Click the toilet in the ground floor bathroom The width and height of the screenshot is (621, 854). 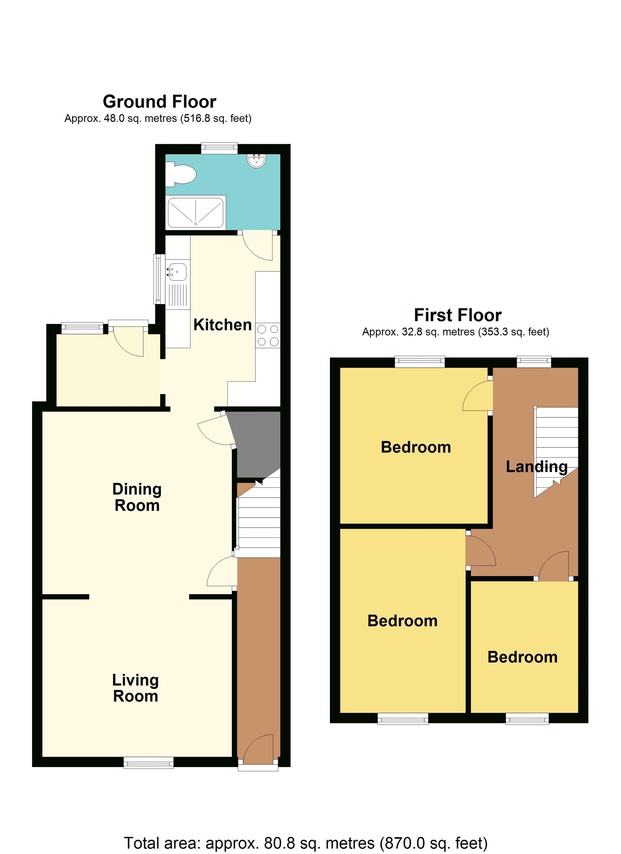(182, 174)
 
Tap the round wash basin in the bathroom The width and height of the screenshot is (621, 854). (257, 160)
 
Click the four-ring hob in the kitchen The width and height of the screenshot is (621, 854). (268, 335)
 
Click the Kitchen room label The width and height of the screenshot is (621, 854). (222, 325)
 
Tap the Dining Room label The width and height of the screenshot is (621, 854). (137, 497)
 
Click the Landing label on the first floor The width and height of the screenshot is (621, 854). (536, 467)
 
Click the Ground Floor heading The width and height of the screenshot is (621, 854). (159, 102)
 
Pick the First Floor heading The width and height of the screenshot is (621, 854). (457, 315)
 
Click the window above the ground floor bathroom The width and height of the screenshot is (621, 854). (219, 148)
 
